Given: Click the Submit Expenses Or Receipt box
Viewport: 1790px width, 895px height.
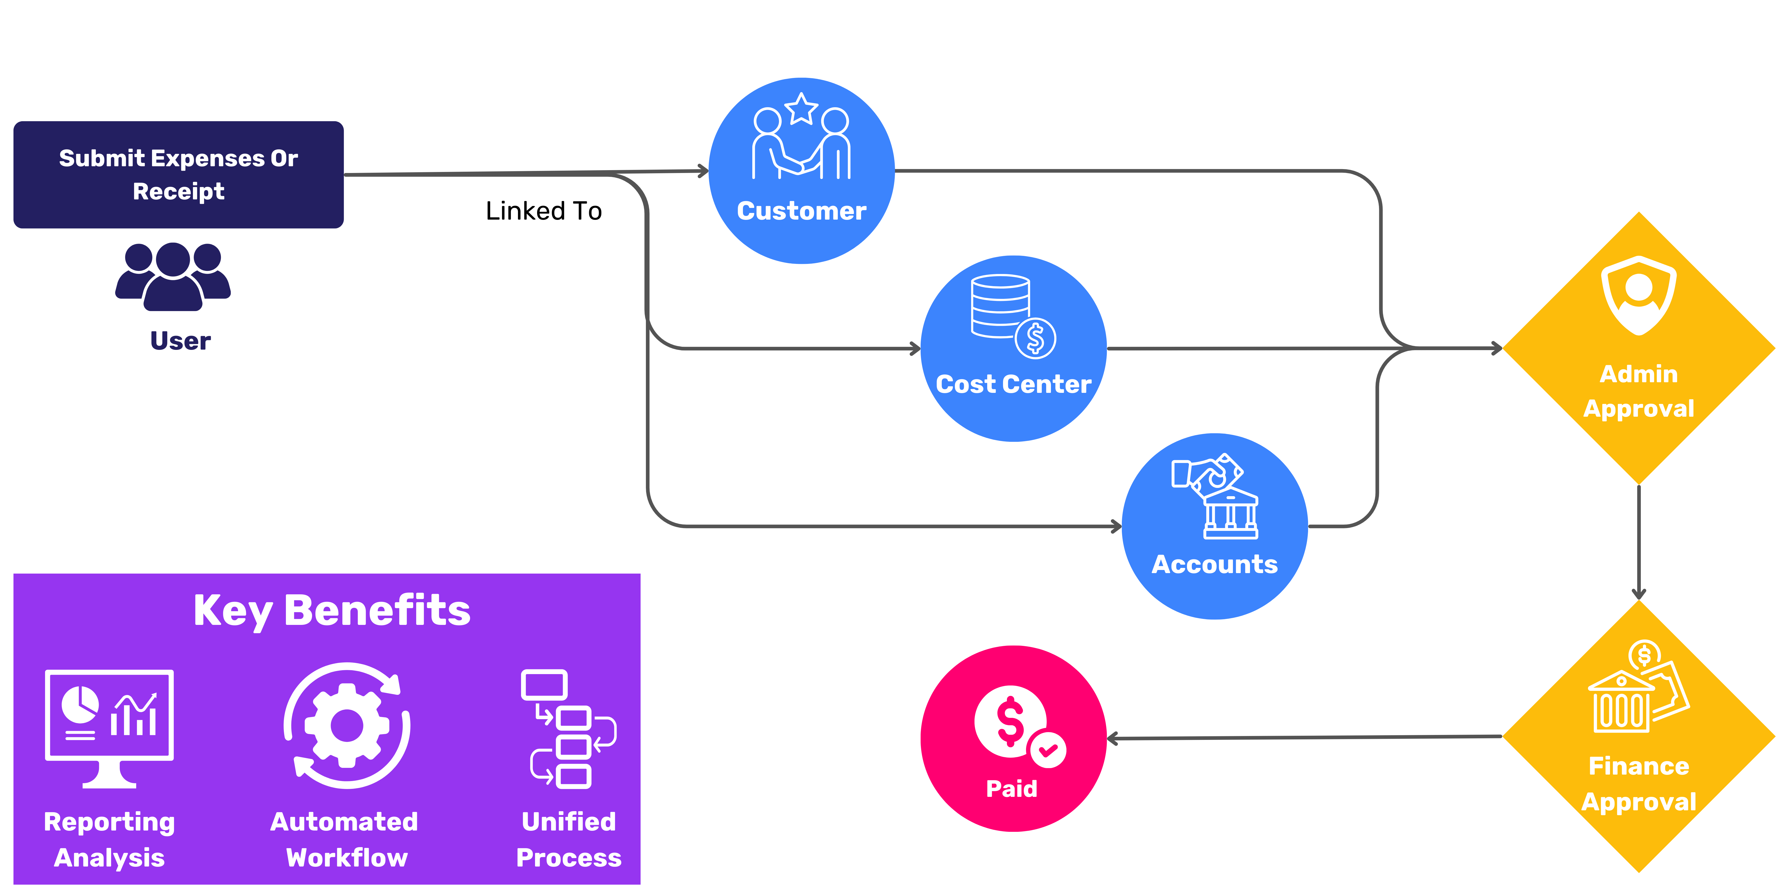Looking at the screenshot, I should [x=179, y=174].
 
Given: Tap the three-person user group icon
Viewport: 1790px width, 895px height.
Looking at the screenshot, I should [x=173, y=276].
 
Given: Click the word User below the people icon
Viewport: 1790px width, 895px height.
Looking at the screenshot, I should [x=180, y=341].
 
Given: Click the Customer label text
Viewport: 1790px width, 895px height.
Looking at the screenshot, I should [x=801, y=211].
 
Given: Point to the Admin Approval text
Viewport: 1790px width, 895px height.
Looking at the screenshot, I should [x=1639, y=391].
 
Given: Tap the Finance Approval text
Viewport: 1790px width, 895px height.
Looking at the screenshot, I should [x=1639, y=784].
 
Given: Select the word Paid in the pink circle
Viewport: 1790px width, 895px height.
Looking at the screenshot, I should [x=1011, y=789].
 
